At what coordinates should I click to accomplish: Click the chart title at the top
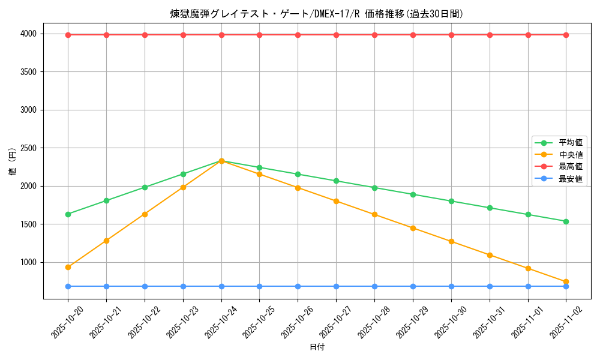tap(317, 14)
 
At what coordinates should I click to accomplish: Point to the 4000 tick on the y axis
tap(28, 34)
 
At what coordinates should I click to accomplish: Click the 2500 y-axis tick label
tap(28, 148)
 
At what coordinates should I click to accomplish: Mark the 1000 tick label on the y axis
tap(28, 263)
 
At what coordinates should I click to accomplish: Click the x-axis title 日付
tap(317, 347)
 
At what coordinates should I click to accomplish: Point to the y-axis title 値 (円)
tap(13, 163)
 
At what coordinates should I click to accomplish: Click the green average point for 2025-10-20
tap(68, 214)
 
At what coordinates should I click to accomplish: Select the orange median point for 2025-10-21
tap(106, 241)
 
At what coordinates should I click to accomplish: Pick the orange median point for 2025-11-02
tap(566, 282)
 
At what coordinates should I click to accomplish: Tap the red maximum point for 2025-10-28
tap(374, 35)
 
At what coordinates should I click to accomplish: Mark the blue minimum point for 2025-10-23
tap(183, 286)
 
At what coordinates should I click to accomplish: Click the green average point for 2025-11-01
tap(528, 214)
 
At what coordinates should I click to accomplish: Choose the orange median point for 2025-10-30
tap(451, 241)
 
